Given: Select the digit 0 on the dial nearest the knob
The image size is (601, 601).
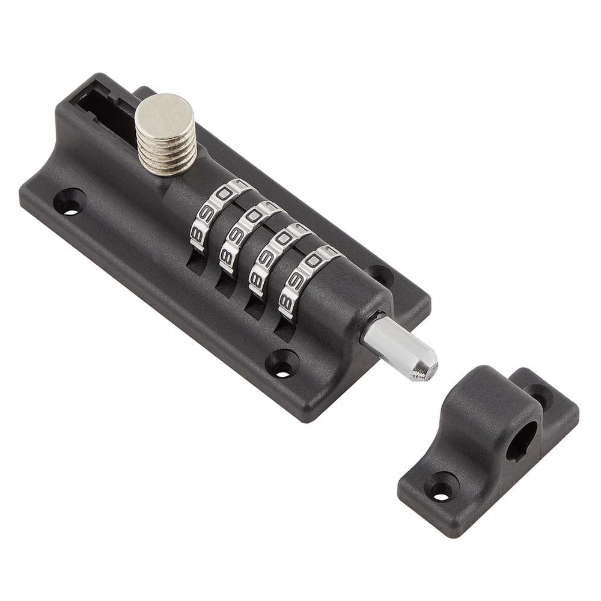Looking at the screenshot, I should pyautogui.click(x=224, y=194).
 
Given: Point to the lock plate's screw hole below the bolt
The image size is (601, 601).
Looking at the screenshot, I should pyautogui.click(x=282, y=364).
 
